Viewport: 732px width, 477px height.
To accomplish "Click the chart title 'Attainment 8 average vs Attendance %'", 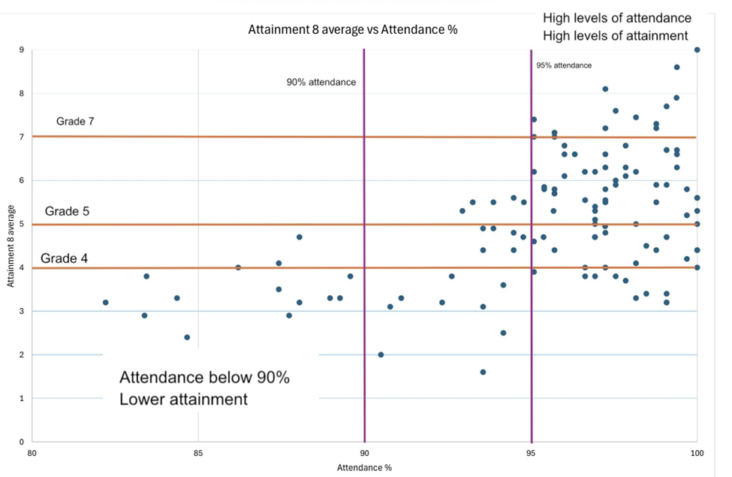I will click(353, 31).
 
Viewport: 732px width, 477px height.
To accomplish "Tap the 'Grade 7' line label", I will click(75, 122).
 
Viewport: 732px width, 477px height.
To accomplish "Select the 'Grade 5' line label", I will click(67, 211).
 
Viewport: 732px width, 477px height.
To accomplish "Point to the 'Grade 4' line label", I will click(63, 259).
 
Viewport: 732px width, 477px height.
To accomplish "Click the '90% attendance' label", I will click(321, 82).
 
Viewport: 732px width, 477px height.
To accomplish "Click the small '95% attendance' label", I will click(564, 65).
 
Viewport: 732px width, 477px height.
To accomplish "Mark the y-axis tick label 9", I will click(22, 50).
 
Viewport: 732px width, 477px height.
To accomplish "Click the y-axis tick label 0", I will click(22, 442).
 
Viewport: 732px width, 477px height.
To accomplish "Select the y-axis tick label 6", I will click(22, 181).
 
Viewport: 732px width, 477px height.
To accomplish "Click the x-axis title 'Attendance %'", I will click(364, 467).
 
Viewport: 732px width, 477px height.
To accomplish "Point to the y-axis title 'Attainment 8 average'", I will click(11, 246).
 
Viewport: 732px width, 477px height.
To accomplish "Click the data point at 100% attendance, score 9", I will click(697, 50).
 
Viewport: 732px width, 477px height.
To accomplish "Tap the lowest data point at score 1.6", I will click(483, 372).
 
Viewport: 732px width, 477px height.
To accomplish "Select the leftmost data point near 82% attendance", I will click(106, 303).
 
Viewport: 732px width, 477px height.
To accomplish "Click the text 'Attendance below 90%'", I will click(204, 378).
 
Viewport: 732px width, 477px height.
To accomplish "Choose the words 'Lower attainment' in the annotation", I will click(183, 399).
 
